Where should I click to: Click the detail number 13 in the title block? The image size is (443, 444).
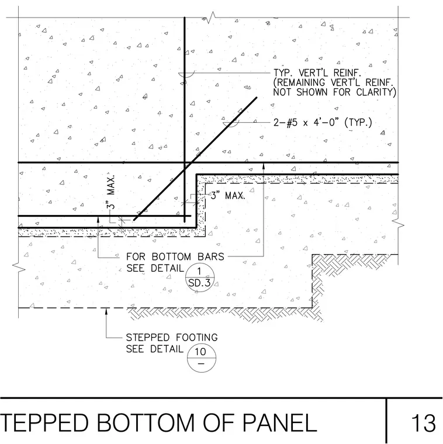(424, 424)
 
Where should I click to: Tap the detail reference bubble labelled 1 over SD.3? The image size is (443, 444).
(200, 277)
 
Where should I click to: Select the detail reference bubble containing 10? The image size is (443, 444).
(202, 358)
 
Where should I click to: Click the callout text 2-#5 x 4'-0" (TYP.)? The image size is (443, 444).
(323, 123)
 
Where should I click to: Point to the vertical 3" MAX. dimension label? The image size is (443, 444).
(111, 192)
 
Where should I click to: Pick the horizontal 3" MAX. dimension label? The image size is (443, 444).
(228, 196)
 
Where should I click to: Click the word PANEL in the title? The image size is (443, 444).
(279, 424)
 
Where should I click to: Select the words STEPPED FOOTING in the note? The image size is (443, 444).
(172, 338)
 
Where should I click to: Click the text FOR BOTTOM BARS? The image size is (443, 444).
(175, 256)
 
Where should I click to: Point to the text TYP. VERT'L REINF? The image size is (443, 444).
(317, 73)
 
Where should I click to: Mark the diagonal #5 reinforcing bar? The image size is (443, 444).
(195, 158)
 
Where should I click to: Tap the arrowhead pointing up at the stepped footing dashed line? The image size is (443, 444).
(106, 311)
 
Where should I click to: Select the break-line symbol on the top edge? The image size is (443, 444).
(211, 18)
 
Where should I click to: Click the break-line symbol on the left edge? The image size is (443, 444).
(19, 268)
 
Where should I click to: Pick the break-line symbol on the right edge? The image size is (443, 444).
(398, 225)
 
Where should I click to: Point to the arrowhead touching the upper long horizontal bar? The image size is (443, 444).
(264, 166)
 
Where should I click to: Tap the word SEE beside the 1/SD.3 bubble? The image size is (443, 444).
(136, 268)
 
